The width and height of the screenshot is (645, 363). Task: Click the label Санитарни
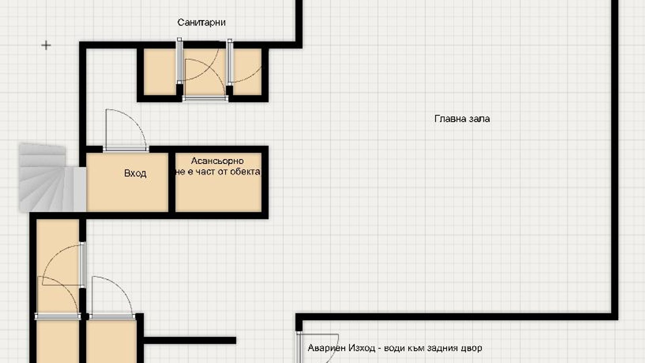pos(201,23)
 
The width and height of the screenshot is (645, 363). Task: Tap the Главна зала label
pos(462,119)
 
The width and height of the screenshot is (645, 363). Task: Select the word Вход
pos(135,173)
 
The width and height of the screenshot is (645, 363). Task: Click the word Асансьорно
pos(217,161)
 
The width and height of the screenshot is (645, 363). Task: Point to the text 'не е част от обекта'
pos(217,172)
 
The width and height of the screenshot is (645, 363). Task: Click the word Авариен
pos(327,348)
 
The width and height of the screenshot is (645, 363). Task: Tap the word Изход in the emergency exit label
pos(362,348)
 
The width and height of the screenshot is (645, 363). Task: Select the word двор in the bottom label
pos(471,348)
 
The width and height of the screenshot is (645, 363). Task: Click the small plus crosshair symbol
pos(46,45)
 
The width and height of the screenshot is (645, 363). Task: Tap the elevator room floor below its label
pos(218,195)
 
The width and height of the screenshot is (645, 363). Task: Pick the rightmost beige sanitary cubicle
pos(248,72)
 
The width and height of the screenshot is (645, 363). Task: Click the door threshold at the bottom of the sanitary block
pos(205,98)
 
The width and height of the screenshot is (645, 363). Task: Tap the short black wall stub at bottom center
pos(190,340)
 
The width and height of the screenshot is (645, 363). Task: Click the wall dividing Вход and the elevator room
pos(172,183)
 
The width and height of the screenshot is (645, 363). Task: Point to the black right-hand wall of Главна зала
pos(615,158)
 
